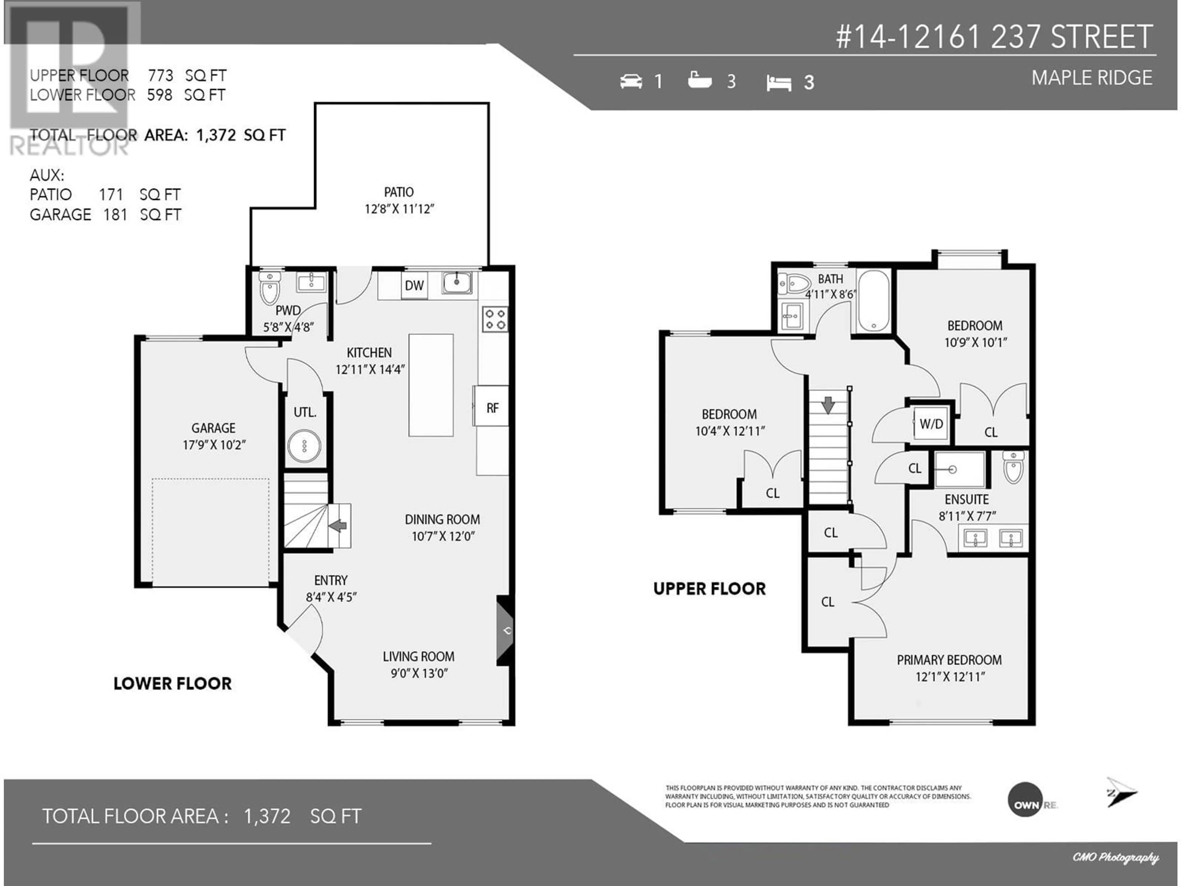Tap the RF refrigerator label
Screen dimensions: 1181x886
(x=492, y=409)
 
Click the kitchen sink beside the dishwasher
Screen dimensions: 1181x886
(x=456, y=282)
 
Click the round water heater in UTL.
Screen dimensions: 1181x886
(x=304, y=445)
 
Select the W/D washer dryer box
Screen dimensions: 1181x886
(x=931, y=424)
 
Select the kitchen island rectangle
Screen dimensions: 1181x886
(x=431, y=385)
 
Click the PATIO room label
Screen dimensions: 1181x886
(x=399, y=192)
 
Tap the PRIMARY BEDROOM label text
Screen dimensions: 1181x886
(x=949, y=660)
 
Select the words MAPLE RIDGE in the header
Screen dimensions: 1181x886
(x=1092, y=78)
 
